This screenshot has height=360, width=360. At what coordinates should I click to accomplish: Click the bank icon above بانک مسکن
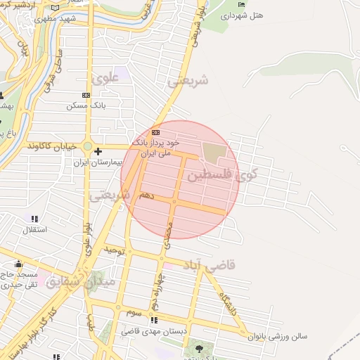[x=86, y=95]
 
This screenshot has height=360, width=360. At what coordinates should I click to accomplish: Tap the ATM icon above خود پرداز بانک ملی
[x=155, y=132]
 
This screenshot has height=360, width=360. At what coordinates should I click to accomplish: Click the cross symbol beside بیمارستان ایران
[x=98, y=151]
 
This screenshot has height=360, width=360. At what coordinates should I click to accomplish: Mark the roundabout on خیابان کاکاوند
[x=88, y=147]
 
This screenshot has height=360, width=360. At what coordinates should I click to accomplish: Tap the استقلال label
[x=35, y=229]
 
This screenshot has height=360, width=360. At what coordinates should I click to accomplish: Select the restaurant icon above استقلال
[x=34, y=219]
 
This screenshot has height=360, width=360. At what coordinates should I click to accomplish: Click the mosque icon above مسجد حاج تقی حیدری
[x=18, y=265]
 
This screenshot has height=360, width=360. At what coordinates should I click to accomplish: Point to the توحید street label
[x=115, y=250]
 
